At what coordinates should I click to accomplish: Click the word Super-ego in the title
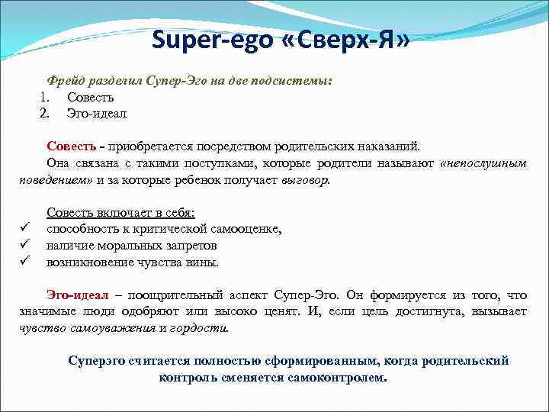point(211,40)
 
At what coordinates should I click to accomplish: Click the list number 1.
point(45,98)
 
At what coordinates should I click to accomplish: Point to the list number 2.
point(45,114)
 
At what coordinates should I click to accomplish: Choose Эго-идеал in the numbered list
point(97,114)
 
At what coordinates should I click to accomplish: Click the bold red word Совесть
point(72,146)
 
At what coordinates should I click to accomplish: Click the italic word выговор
point(305,180)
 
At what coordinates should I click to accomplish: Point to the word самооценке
point(247,229)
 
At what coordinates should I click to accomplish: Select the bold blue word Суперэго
point(97,361)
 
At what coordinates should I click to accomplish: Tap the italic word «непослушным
point(483,163)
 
